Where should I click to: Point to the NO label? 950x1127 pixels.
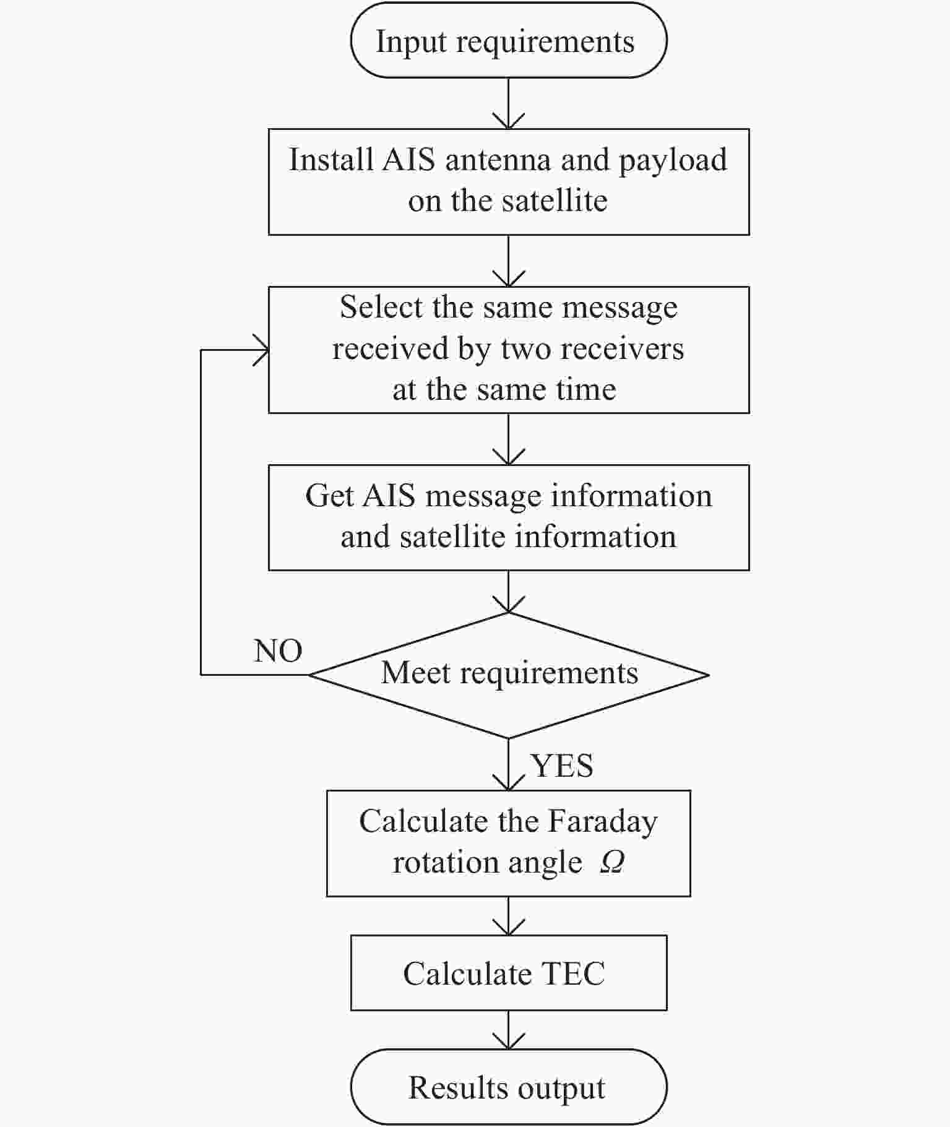(x=279, y=651)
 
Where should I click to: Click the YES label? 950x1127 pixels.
(x=562, y=766)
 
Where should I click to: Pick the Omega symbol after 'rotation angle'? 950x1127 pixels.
(x=611, y=862)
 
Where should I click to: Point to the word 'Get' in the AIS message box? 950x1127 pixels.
(x=329, y=496)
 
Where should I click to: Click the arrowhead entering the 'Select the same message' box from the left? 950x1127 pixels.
(x=261, y=350)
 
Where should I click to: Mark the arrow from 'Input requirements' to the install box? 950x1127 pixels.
(x=509, y=103)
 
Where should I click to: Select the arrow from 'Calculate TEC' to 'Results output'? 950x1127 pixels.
(x=509, y=1030)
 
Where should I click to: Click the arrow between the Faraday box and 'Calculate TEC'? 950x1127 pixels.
(x=509, y=916)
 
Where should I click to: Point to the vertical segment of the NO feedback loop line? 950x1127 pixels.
(x=201, y=512)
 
